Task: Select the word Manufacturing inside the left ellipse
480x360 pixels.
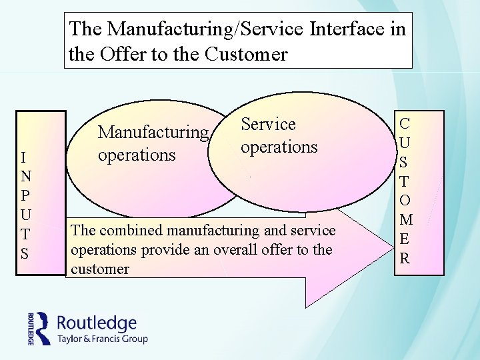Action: click(153, 132)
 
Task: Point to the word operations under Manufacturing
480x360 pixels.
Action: click(136, 155)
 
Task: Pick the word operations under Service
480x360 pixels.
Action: click(279, 147)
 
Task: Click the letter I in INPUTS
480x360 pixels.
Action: click(24, 157)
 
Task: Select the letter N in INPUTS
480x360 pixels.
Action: click(24, 177)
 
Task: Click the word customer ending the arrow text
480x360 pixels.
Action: click(99, 269)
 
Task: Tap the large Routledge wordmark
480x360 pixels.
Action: click(98, 323)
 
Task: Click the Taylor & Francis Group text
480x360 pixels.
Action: click(103, 339)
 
